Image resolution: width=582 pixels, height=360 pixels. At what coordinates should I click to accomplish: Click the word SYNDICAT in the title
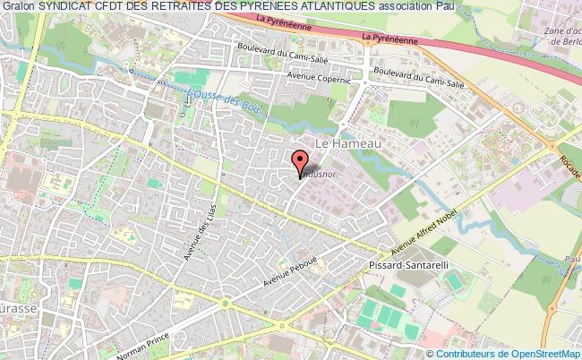tap(67, 7)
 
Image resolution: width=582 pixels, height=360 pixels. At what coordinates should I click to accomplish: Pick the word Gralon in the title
tap(18, 7)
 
